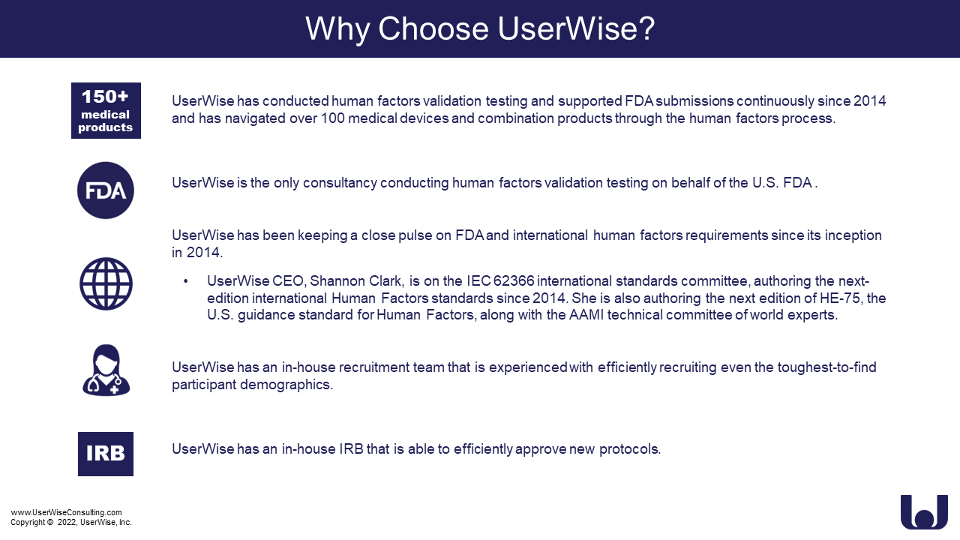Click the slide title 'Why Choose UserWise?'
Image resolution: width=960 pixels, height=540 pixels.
[480, 29]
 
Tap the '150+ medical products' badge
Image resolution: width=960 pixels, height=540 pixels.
[106, 110]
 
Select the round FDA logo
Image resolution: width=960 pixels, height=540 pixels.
[106, 190]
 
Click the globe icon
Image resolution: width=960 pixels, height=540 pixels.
[106, 283]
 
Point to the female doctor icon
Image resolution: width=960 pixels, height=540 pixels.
[106, 370]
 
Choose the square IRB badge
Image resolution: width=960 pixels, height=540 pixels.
[106, 454]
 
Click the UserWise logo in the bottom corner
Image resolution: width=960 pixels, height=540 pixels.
[924, 511]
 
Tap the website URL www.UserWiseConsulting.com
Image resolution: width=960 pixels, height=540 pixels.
[67, 512]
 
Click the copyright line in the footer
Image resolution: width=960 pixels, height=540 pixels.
[71, 523]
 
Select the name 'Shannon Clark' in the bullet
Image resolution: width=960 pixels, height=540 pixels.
[356, 281]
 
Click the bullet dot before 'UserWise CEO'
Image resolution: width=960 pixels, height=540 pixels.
[185, 281]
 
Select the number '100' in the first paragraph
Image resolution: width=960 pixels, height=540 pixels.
[332, 118]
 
